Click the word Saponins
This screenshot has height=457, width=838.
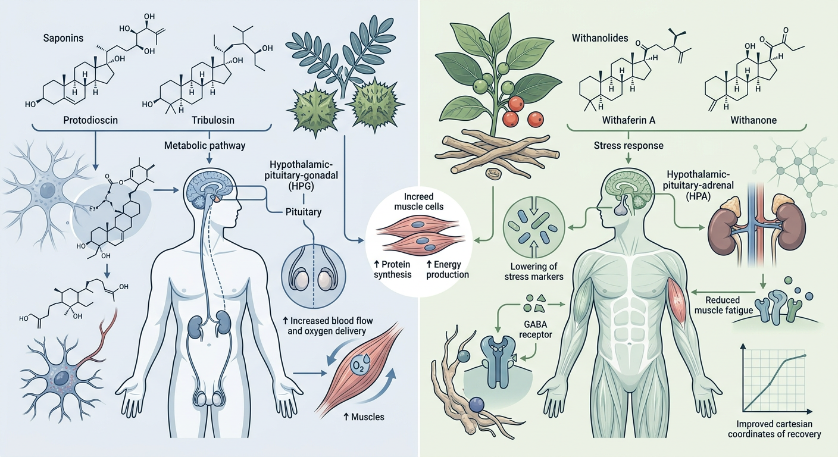pos(63,38)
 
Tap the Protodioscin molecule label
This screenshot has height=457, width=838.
pos(90,120)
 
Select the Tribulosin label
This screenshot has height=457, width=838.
pos(213,120)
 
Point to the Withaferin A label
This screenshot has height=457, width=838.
pos(628,120)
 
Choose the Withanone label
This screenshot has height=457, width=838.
pos(753,120)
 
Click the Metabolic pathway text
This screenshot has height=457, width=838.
pos(205,145)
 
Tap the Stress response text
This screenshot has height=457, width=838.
pos(628,145)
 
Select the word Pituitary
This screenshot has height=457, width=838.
pos(304,212)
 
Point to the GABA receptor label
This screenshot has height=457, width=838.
pos(535,330)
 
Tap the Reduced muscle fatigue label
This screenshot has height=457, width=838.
pos(723,305)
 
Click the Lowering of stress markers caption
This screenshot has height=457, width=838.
pos(534,271)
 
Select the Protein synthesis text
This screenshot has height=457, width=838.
pos(393,270)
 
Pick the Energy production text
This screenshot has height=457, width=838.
pos(448,270)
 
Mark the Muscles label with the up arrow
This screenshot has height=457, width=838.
pos(363,417)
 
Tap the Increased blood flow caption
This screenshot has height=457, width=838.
pos(327,325)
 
